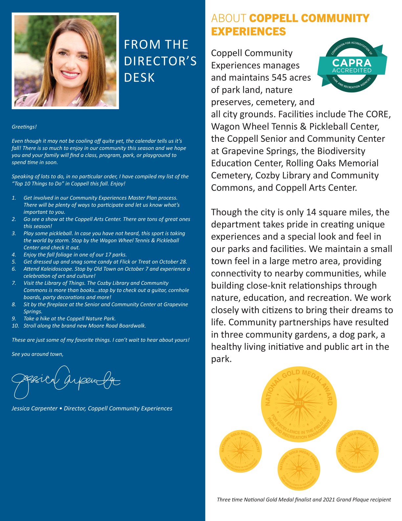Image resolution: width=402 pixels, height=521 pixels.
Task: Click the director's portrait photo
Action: pyautogui.click(x=65, y=61)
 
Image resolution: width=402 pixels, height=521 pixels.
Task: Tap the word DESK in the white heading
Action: pyautogui.click(x=139, y=78)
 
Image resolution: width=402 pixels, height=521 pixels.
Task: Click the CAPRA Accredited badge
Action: pyautogui.click(x=352, y=65)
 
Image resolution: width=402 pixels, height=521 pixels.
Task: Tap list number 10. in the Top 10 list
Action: pyautogui.click(x=15, y=326)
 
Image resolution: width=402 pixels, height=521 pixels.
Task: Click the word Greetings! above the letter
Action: pyautogui.click(x=24, y=127)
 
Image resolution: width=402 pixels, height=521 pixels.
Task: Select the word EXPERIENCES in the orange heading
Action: pyautogui.click(x=248, y=32)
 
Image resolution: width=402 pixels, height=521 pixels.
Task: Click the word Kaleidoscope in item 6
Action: pyautogui.click(x=56, y=269)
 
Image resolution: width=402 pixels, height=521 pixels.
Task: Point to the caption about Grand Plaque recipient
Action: pyautogui.click(x=304, y=500)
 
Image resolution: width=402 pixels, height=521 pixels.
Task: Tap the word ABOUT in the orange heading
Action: pyautogui.click(x=229, y=18)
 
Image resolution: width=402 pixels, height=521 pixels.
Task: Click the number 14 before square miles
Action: pyautogui.click(x=311, y=212)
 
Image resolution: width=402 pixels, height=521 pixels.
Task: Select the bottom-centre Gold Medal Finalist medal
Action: pyautogui.click(x=299, y=469)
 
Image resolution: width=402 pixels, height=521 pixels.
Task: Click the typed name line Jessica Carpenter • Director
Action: pyautogui.click(x=92, y=409)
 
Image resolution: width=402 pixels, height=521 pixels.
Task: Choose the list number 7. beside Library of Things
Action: pyautogui.click(x=14, y=283)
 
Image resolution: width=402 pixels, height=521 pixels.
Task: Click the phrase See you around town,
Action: pyautogui.click(x=37, y=354)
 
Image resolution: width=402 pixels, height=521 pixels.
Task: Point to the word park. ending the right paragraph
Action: pyautogui.click(x=221, y=359)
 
